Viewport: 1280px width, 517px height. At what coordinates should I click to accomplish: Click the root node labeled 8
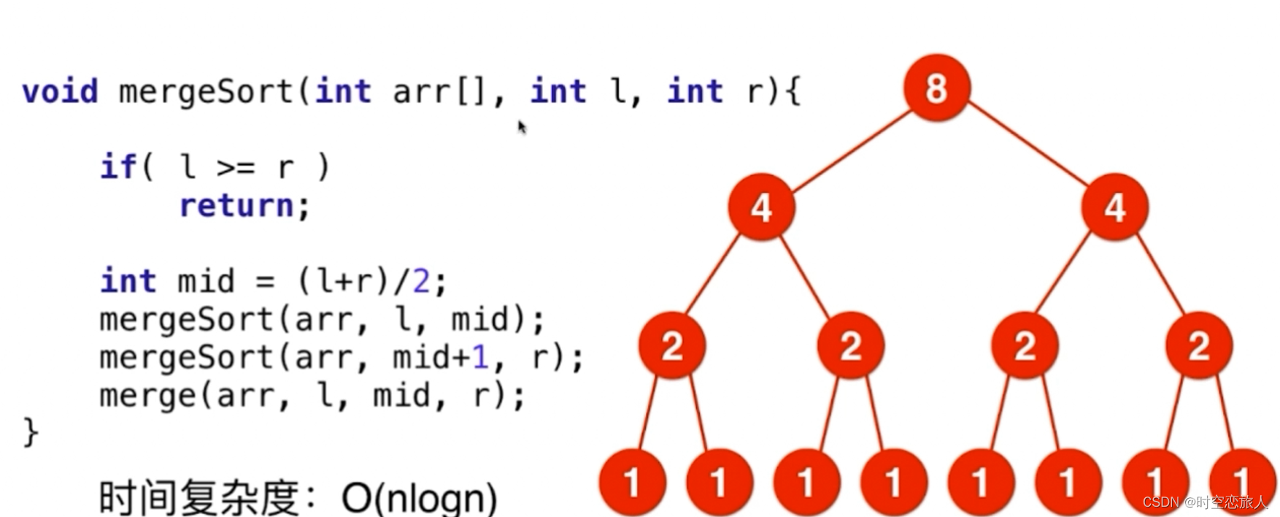(x=936, y=88)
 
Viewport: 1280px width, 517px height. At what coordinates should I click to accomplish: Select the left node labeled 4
(x=761, y=207)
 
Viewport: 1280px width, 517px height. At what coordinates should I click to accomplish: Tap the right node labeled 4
(x=1114, y=207)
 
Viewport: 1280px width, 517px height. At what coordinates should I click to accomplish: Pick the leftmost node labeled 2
(x=671, y=345)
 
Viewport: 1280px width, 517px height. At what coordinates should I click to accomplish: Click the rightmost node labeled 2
(x=1199, y=345)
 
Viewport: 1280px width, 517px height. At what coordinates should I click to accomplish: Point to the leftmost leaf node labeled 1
(x=632, y=482)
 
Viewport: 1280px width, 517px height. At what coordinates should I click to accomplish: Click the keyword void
(x=60, y=92)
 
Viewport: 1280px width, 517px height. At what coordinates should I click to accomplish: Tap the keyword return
(x=236, y=206)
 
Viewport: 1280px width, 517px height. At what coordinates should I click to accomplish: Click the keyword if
(x=118, y=167)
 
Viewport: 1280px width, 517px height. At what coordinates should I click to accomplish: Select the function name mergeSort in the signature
(x=204, y=92)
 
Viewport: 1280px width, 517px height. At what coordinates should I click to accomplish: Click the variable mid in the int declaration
(x=206, y=281)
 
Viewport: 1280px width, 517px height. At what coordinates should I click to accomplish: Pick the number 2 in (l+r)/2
(x=421, y=281)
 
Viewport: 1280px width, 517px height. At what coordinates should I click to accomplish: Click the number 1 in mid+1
(x=479, y=358)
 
